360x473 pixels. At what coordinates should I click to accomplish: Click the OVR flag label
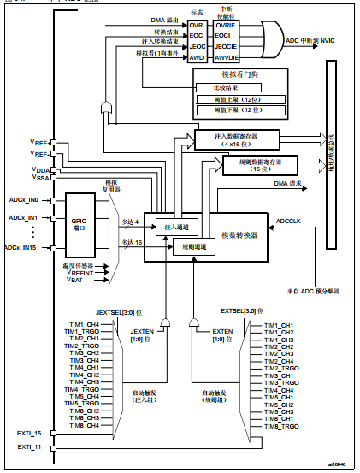[196, 27]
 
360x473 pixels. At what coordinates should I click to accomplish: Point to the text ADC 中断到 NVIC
[317, 40]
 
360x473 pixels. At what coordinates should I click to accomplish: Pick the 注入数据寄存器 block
[239, 139]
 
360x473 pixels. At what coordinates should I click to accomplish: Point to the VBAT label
[75, 280]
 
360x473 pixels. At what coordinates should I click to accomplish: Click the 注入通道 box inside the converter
[176, 226]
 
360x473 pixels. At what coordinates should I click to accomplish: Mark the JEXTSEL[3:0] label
[120, 313]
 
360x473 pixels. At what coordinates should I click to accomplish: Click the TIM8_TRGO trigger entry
[281, 425]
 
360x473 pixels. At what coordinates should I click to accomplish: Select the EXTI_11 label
[30, 446]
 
